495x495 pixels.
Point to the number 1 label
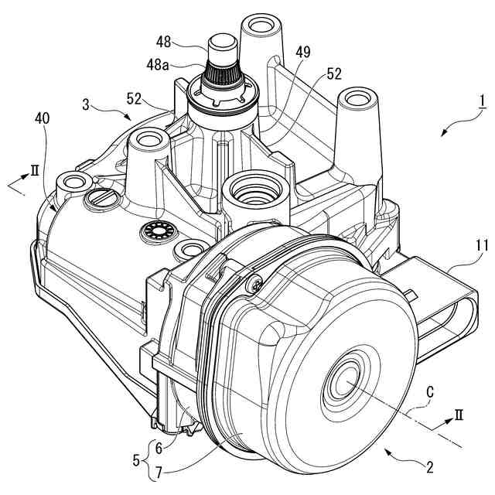pos(480,101)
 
